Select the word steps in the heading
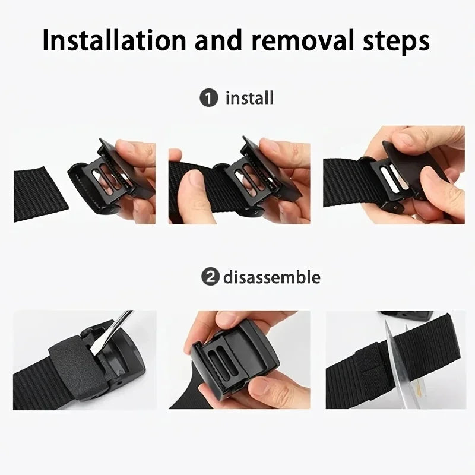pyautogui.click(x=395, y=42)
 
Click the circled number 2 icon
pyautogui.click(x=208, y=277)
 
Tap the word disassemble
pyautogui.click(x=271, y=277)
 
